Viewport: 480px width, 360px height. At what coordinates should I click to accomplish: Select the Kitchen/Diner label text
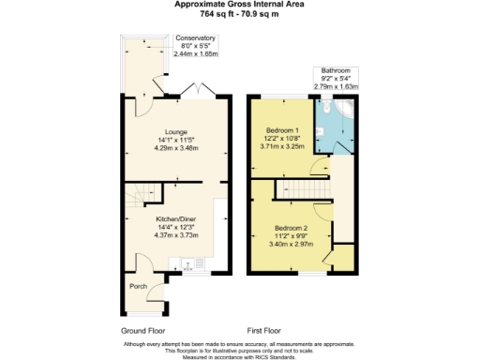175,220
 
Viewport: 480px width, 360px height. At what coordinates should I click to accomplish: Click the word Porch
138,286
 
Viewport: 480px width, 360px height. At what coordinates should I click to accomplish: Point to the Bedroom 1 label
281,129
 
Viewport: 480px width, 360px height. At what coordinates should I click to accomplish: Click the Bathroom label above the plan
336,70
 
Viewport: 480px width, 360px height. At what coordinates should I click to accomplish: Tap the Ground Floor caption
144,331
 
